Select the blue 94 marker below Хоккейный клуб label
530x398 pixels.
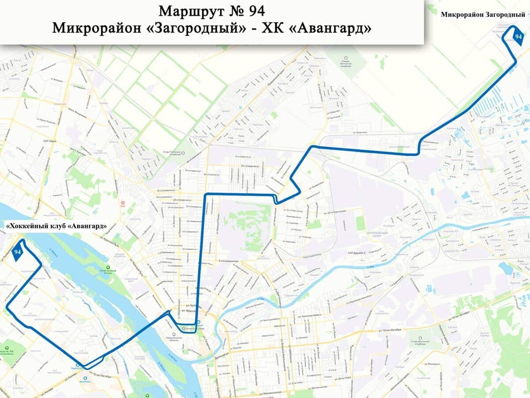(x=18, y=252)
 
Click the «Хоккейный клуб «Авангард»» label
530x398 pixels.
(x=56, y=226)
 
